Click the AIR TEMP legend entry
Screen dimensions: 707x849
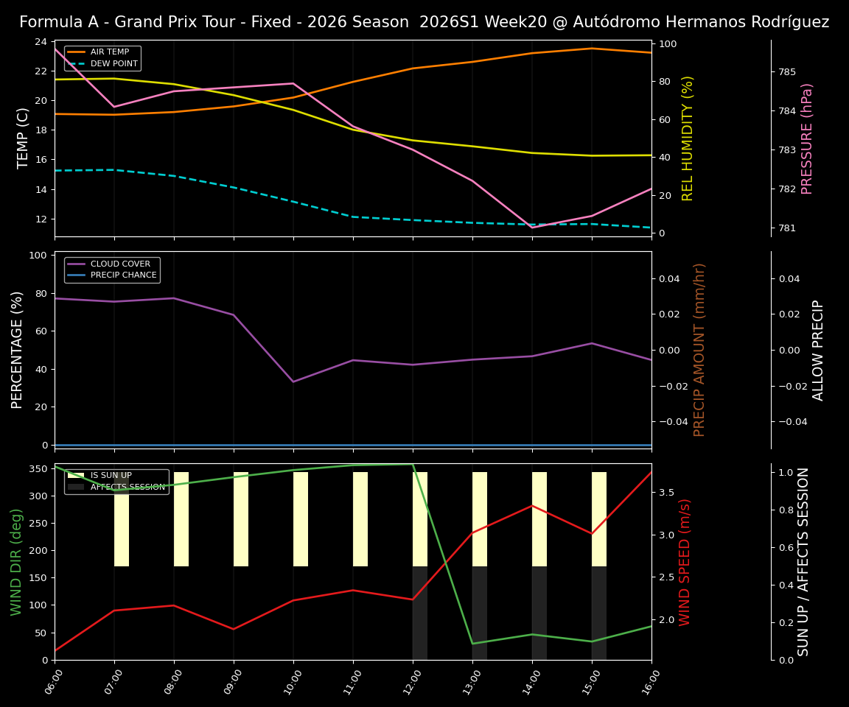(x=109, y=52)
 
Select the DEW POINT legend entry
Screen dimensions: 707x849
(x=113, y=64)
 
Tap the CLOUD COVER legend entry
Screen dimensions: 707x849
(x=120, y=264)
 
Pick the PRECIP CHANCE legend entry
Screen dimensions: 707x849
(x=123, y=275)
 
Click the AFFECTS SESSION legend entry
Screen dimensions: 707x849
(x=127, y=487)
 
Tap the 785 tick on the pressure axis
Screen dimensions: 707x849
(x=787, y=72)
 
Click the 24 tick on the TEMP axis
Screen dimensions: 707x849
(x=40, y=42)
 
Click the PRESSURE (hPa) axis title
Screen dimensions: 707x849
(x=808, y=138)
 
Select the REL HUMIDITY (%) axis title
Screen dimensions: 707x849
(x=688, y=138)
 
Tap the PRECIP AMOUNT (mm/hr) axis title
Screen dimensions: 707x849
(x=700, y=350)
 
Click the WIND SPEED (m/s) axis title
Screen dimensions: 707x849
(x=685, y=562)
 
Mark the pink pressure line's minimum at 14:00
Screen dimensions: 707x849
(x=532, y=228)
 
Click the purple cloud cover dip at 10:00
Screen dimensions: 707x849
(x=293, y=381)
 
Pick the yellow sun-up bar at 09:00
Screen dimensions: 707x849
(x=241, y=519)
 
